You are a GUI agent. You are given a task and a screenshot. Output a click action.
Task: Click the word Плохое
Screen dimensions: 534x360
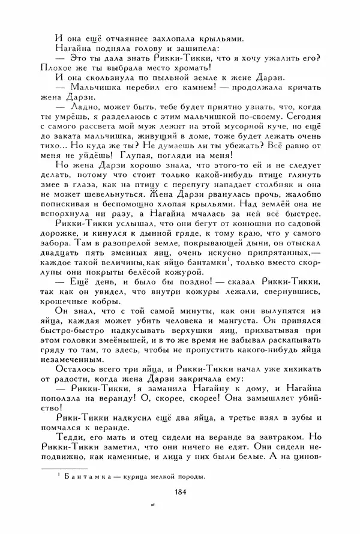[x=52, y=67]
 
